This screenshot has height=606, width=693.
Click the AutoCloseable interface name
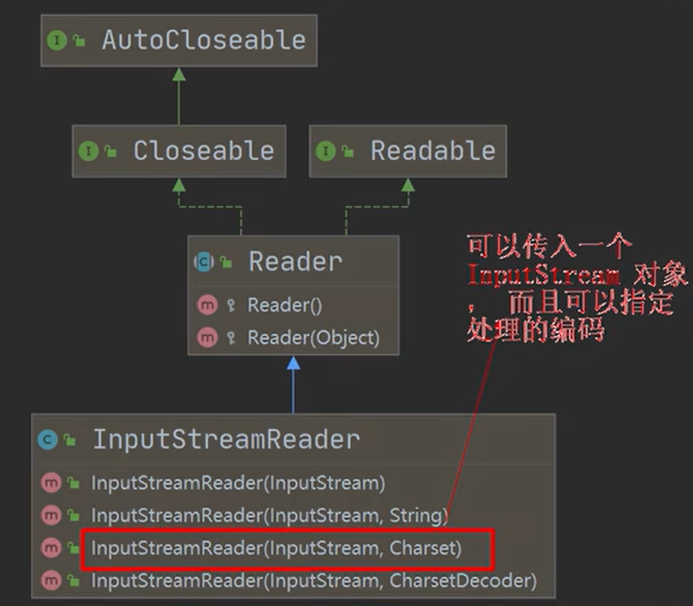[x=203, y=41]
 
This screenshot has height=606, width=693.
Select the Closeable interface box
[x=180, y=151]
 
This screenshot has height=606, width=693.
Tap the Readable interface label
[x=433, y=151]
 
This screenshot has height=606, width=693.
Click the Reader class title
[x=295, y=263]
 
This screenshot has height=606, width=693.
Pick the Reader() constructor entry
[x=284, y=305]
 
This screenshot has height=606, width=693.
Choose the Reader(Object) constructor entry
[x=313, y=338]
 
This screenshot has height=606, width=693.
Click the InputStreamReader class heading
[x=225, y=439]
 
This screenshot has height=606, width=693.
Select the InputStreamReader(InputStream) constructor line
[x=237, y=483]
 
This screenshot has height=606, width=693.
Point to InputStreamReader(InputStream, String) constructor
[x=269, y=515]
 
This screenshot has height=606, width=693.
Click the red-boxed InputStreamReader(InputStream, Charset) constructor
[x=275, y=548]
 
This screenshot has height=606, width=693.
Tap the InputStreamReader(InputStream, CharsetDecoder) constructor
[x=313, y=581]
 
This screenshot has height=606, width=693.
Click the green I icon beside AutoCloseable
[x=57, y=41]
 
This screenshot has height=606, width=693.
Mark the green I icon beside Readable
[x=326, y=151]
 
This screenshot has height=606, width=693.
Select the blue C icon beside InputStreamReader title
[x=47, y=439]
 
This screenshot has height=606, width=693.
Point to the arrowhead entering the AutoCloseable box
[x=179, y=74]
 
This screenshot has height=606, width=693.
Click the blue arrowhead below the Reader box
[x=293, y=363]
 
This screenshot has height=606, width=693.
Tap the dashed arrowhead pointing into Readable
[x=407, y=184]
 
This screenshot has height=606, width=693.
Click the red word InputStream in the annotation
[x=543, y=276]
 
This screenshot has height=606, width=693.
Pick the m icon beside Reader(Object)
[x=208, y=338]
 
